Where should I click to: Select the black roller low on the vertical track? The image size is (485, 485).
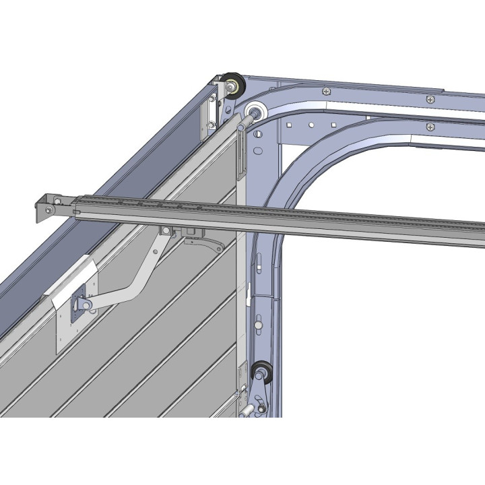[261, 372]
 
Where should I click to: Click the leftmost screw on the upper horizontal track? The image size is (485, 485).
[327, 91]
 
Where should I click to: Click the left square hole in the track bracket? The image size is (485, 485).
[288, 125]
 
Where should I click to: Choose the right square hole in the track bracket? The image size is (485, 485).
[333, 125]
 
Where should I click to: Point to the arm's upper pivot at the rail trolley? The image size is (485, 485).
[166, 232]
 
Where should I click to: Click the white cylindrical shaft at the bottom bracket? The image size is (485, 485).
[247, 409]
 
